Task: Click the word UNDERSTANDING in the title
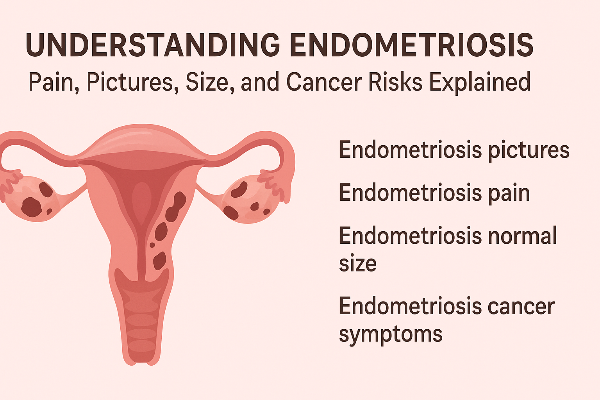[x=153, y=45]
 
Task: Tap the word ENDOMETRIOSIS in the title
[x=412, y=45]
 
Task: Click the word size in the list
[x=357, y=264]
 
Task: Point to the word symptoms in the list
[x=390, y=334]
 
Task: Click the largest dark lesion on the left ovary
[x=31, y=207]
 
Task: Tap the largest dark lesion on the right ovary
[x=239, y=190]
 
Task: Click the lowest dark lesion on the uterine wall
[x=159, y=261]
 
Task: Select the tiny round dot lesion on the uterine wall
[x=152, y=245]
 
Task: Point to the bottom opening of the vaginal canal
[x=141, y=361]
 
